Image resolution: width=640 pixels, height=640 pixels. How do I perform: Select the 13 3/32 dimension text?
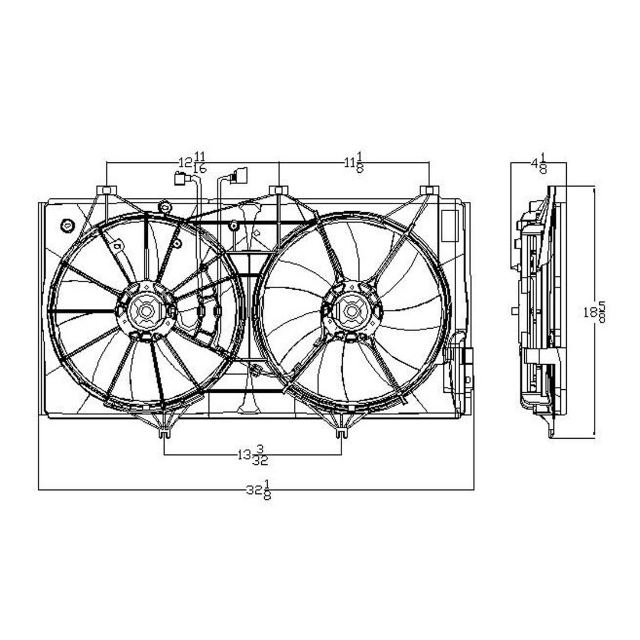coord(251,454)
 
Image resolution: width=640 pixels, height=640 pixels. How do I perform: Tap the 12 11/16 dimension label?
coord(192,162)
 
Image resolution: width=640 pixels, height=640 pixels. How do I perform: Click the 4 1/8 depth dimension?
coord(539,163)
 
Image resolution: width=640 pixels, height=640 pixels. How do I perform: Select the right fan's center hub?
coord(351,311)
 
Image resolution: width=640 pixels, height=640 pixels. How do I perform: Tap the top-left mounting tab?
coord(106,190)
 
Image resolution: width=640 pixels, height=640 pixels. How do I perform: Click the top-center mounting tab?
coord(279,190)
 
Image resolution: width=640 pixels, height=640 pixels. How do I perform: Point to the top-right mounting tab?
coord(429,190)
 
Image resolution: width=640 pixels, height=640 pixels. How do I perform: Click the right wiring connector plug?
coord(238,175)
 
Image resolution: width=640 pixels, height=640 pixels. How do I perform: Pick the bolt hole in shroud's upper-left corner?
coord(67,224)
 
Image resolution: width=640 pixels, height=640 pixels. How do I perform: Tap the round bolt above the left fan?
coord(164,206)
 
